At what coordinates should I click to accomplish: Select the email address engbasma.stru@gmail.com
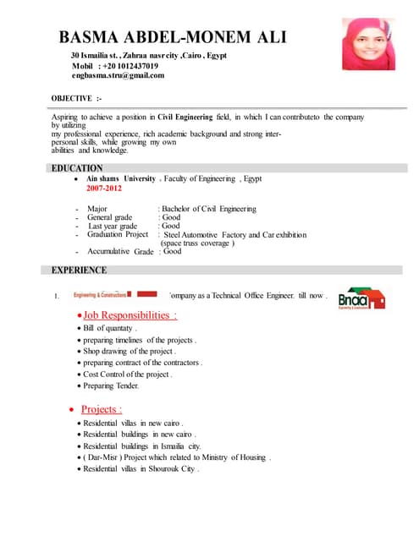pos(118,75)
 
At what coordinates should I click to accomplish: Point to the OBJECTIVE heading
pos(77,98)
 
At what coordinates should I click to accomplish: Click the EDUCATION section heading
pos(77,168)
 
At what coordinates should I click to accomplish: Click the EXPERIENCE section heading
pos(80,270)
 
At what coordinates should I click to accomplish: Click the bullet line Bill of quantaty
pos(110,328)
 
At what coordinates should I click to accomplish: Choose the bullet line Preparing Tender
pos(111,385)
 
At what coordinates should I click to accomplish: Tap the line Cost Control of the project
pos(127,374)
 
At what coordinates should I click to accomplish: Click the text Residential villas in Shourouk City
pos(141,468)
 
